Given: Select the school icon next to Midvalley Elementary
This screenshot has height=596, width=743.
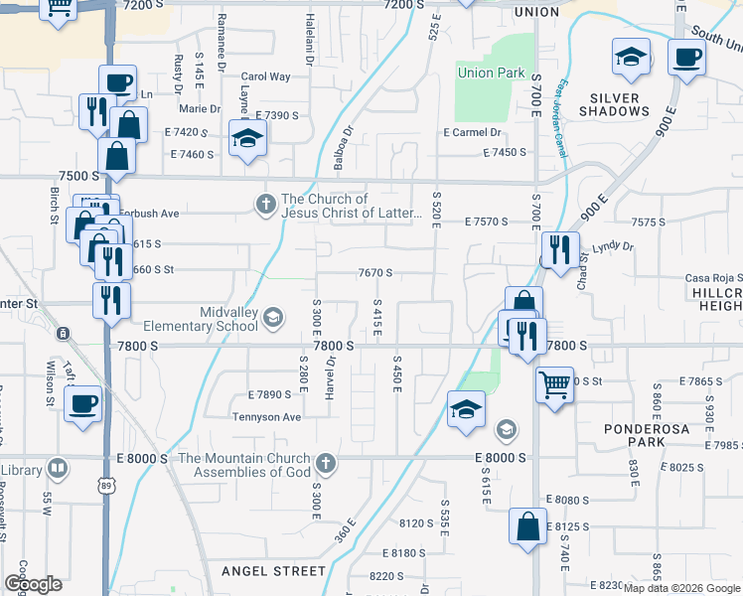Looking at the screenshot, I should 274,318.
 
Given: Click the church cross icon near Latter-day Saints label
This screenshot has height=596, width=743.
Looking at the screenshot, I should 265,205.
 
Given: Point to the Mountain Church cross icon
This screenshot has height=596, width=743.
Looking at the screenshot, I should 325,463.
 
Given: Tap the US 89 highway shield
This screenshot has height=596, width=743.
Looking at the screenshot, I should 108,487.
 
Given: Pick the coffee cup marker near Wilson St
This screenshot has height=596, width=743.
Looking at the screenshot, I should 83,403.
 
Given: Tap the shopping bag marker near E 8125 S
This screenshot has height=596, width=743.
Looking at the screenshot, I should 527,525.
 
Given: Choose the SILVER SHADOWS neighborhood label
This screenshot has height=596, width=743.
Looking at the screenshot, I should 633,104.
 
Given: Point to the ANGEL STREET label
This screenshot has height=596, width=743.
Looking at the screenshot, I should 273,571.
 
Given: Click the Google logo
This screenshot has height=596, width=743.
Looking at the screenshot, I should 33,584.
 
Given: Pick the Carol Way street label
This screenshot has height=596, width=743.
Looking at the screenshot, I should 265,76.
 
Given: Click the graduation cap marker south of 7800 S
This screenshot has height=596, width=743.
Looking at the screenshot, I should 465,409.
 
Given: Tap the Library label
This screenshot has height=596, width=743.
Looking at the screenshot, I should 21,469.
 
